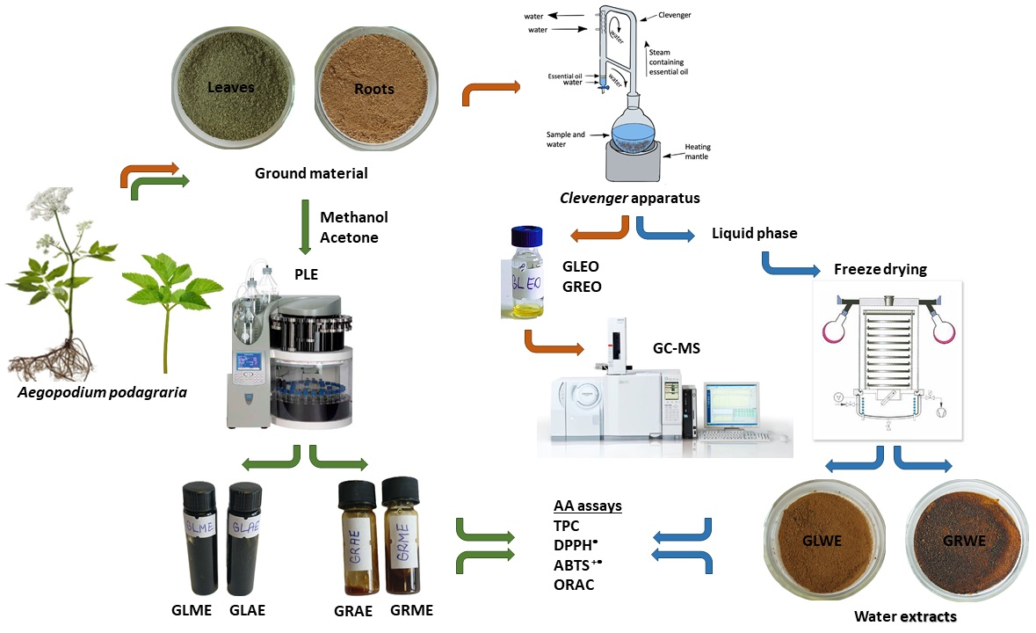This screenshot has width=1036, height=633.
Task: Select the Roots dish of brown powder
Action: [x=374, y=88]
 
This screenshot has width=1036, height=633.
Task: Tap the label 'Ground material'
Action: [x=311, y=173]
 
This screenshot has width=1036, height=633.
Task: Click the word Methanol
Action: [x=354, y=217]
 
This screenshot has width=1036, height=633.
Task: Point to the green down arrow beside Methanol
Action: [x=303, y=223]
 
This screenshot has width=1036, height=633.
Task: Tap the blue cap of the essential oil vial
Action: [x=527, y=236]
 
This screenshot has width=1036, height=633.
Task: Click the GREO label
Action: [x=581, y=287]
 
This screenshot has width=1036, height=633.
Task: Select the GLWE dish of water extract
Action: [x=824, y=541]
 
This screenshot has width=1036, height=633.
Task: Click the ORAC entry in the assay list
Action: [x=574, y=584]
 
